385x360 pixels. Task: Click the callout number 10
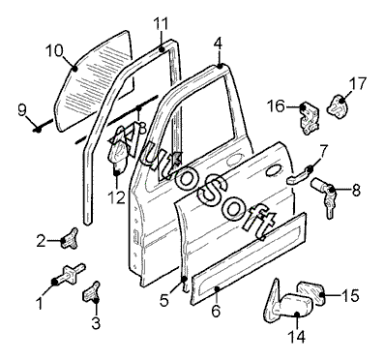(x=54, y=50)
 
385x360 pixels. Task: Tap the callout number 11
(x=162, y=23)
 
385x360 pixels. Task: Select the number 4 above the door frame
(x=219, y=44)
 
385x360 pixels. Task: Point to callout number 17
(x=358, y=83)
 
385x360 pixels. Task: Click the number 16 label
(x=277, y=106)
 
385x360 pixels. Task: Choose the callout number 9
(x=21, y=110)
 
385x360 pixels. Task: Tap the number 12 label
(x=116, y=197)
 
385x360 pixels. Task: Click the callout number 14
(x=296, y=337)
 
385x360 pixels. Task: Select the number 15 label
(x=350, y=295)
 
